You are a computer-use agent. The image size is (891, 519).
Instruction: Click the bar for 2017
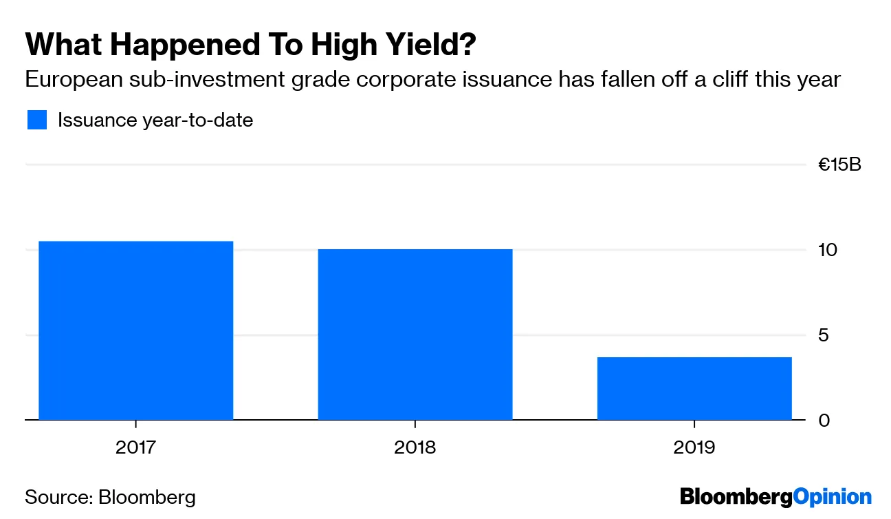click(x=135, y=330)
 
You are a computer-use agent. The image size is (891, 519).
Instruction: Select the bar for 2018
click(x=415, y=335)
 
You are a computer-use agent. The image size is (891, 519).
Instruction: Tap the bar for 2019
click(x=694, y=388)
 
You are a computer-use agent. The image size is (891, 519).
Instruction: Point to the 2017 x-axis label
click(x=135, y=448)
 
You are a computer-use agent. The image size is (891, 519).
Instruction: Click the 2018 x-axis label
click(x=415, y=448)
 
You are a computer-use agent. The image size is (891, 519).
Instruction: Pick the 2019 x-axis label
click(x=694, y=448)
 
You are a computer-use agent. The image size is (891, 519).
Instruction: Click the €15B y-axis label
click(x=839, y=165)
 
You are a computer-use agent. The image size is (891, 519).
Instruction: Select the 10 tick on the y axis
click(x=828, y=250)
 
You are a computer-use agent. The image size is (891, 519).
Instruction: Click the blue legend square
click(x=37, y=120)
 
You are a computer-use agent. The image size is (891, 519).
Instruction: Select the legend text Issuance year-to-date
click(x=155, y=120)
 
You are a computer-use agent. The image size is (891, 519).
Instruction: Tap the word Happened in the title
click(x=184, y=45)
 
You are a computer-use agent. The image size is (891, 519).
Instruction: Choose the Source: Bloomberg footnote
click(x=110, y=497)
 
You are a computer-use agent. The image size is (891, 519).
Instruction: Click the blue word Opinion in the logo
click(x=833, y=497)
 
